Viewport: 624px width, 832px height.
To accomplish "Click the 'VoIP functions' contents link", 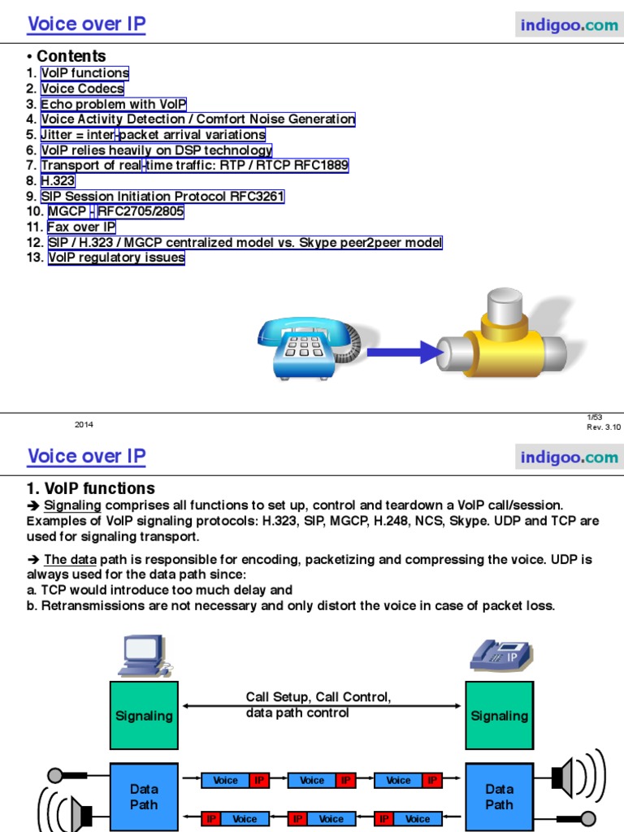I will click(85, 73).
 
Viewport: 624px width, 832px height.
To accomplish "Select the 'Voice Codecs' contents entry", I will click(82, 89).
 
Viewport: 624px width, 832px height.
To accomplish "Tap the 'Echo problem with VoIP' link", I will click(114, 104).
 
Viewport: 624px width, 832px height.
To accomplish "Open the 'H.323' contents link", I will click(58, 180).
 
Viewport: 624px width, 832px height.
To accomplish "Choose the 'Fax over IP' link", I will click(81, 227).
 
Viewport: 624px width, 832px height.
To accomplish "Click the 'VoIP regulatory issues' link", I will click(116, 258).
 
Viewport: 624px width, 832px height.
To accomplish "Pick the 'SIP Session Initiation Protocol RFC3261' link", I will click(162, 196).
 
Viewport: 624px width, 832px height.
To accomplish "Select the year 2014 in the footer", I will click(84, 424).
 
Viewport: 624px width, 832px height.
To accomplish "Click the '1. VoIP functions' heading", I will click(91, 488).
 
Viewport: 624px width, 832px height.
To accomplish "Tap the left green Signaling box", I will click(144, 715).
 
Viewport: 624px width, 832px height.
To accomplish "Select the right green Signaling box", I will click(499, 715).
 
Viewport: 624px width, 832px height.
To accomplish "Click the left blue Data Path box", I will click(144, 796).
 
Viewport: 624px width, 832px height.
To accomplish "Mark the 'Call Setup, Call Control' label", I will click(318, 697).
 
